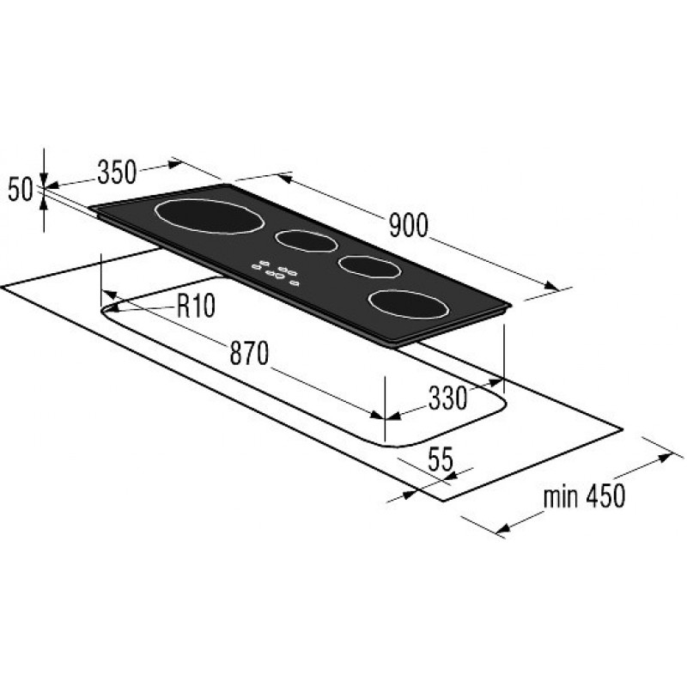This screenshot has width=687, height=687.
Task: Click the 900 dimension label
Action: click(x=409, y=226)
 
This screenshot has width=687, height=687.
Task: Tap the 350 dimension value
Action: click(x=117, y=172)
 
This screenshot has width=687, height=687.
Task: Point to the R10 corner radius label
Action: click(x=196, y=306)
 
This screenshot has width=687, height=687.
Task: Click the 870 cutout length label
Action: click(x=249, y=353)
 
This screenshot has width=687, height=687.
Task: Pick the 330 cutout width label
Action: click(x=447, y=398)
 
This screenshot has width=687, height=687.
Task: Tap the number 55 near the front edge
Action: click(x=441, y=459)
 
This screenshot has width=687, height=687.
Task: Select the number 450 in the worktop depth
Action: click(x=606, y=496)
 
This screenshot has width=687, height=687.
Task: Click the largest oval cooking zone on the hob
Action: click(x=210, y=216)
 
